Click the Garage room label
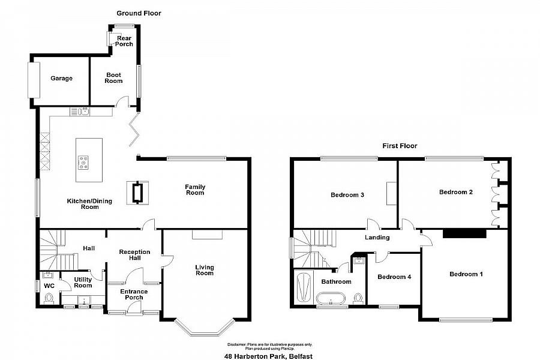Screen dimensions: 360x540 pyautogui.click(x=61, y=79)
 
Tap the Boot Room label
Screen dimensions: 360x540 pyautogui.click(x=114, y=79)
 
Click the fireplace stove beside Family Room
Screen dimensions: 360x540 pyautogui.click(x=137, y=193)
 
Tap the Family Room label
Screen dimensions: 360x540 pyautogui.click(x=195, y=190)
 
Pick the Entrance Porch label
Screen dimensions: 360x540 pyautogui.click(x=134, y=295)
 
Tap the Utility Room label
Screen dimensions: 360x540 pyautogui.click(x=83, y=282)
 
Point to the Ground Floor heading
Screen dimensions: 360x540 pyautogui.click(x=139, y=13)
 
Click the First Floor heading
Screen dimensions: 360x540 pyautogui.click(x=400, y=146)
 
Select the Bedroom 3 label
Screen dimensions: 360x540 pyautogui.click(x=348, y=195)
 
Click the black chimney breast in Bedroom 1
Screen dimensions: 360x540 pyautogui.click(x=464, y=234)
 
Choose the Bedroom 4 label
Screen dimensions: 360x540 pyautogui.click(x=393, y=277)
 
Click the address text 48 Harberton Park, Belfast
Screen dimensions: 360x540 pyautogui.click(x=271, y=355)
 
